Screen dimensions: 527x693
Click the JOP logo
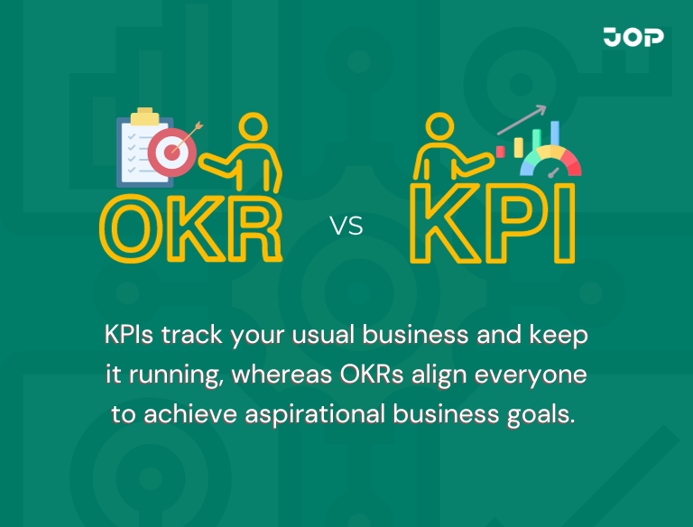tap(633, 37)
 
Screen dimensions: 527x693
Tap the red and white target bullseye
tap(168, 151)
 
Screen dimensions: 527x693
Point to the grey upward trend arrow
tap(522, 116)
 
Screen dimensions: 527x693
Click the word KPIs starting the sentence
tap(131, 336)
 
